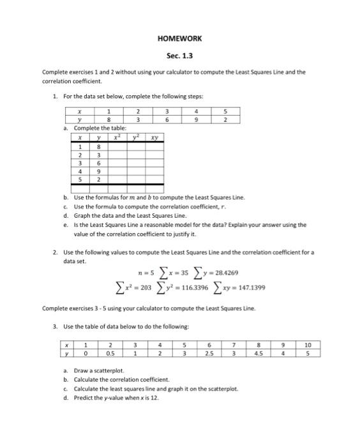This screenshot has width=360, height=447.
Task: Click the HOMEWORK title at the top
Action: click(x=179, y=38)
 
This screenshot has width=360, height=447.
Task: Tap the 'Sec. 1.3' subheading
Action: click(x=179, y=56)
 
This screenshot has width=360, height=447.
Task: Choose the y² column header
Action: click(x=135, y=137)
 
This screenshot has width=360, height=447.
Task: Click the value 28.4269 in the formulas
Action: click(x=225, y=273)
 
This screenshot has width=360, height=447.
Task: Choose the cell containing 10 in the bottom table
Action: click(x=326, y=344)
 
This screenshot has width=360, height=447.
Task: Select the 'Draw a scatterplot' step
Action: click(x=99, y=370)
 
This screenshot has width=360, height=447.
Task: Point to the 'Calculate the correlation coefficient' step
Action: click(x=122, y=379)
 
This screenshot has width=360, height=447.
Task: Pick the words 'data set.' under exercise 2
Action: click(x=74, y=261)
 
